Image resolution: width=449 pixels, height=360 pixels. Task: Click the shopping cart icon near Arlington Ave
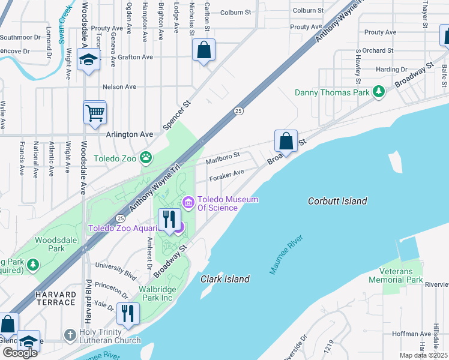[x=95, y=112]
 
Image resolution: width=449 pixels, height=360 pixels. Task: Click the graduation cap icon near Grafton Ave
[x=88, y=60]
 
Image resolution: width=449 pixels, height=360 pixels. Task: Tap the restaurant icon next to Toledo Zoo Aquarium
[x=169, y=220]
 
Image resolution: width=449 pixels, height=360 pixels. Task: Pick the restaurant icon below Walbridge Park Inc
[x=128, y=314]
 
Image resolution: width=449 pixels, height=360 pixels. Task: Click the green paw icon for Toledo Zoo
[x=146, y=158]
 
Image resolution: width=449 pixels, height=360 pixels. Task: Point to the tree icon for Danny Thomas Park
[x=379, y=92]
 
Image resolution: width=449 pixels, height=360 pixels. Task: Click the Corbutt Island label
[x=337, y=202]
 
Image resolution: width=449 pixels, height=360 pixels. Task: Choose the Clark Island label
[x=226, y=279]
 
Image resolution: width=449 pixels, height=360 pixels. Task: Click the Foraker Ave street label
[x=226, y=175]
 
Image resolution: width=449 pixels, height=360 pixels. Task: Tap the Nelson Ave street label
[x=119, y=87]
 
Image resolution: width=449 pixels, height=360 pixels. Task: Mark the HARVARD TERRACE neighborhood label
[x=55, y=298]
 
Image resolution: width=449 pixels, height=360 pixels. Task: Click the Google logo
[x=20, y=353]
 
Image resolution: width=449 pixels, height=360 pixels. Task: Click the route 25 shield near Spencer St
[x=238, y=111]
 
